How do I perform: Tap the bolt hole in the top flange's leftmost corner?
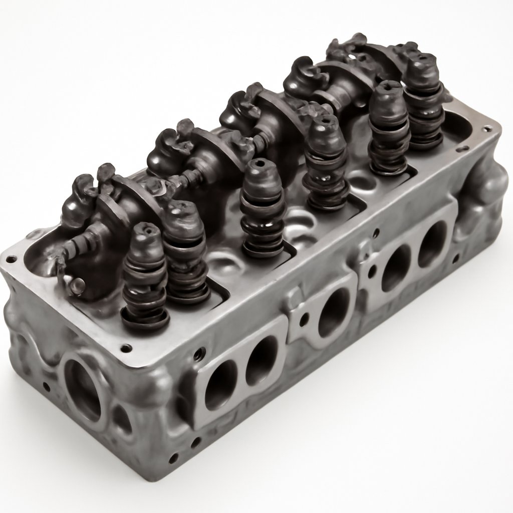[x=10, y=259]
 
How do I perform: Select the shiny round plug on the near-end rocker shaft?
[x=78, y=285]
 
